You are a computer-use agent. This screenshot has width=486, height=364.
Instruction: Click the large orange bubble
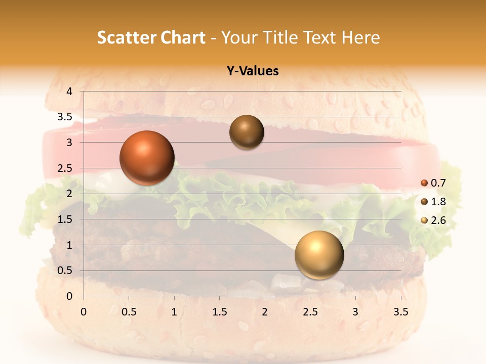pyautogui.click(x=147, y=158)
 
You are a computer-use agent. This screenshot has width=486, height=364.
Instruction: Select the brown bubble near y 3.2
pyautogui.click(x=247, y=132)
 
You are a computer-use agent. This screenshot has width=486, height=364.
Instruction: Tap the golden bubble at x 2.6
pyautogui.click(x=319, y=255)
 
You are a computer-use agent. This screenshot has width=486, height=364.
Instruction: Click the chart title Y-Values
pyautogui.click(x=253, y=71)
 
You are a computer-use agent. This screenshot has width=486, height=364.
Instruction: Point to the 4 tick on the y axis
pyautogui.click(x=69, y=92)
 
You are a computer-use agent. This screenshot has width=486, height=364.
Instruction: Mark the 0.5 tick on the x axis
pyautogui.click(x=129, y=312)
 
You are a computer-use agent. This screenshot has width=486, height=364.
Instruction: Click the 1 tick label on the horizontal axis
pyautogui.click(x=174, y=312)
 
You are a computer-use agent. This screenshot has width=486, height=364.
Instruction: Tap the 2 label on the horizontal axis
pyautogui.click(x=265, y=312)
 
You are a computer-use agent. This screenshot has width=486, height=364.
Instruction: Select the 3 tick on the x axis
pyautogui.click(x=355, y=312)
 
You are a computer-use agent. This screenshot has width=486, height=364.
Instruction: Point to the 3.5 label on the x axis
pyautogui.click(x=400, y=312)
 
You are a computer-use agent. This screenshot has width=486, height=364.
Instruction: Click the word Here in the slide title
pyautogui.click(x=360, y=37)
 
